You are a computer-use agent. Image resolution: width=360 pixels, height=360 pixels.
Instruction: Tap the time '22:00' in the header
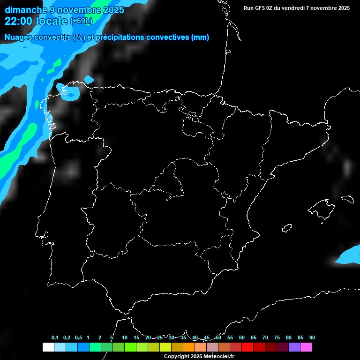click(x=19, y=21)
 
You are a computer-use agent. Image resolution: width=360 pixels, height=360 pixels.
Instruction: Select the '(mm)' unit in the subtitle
click(x=200, y=37)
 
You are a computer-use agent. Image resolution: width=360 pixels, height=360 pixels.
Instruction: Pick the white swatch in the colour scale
click(x=48, y=347)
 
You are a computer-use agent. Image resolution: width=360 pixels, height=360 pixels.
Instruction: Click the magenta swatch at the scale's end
click(x=306, y=347)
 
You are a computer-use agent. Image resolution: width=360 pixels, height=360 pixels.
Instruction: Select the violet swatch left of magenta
click(x=294, y=347)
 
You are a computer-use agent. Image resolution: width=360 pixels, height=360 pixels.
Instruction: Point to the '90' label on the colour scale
click(x=312, y=338)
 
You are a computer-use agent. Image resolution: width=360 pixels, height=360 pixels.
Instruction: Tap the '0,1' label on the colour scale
click(x=55, y=338)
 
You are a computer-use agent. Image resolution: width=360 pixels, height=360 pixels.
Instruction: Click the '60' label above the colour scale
click(x=242, y=338)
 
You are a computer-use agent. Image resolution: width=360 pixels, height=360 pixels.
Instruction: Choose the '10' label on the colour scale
click(x=125, y=338)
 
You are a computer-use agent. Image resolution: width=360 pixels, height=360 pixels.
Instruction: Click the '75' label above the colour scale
click(x=277, y=338)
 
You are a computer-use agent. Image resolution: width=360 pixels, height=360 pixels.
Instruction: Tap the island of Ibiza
click(x=287, y=228)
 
